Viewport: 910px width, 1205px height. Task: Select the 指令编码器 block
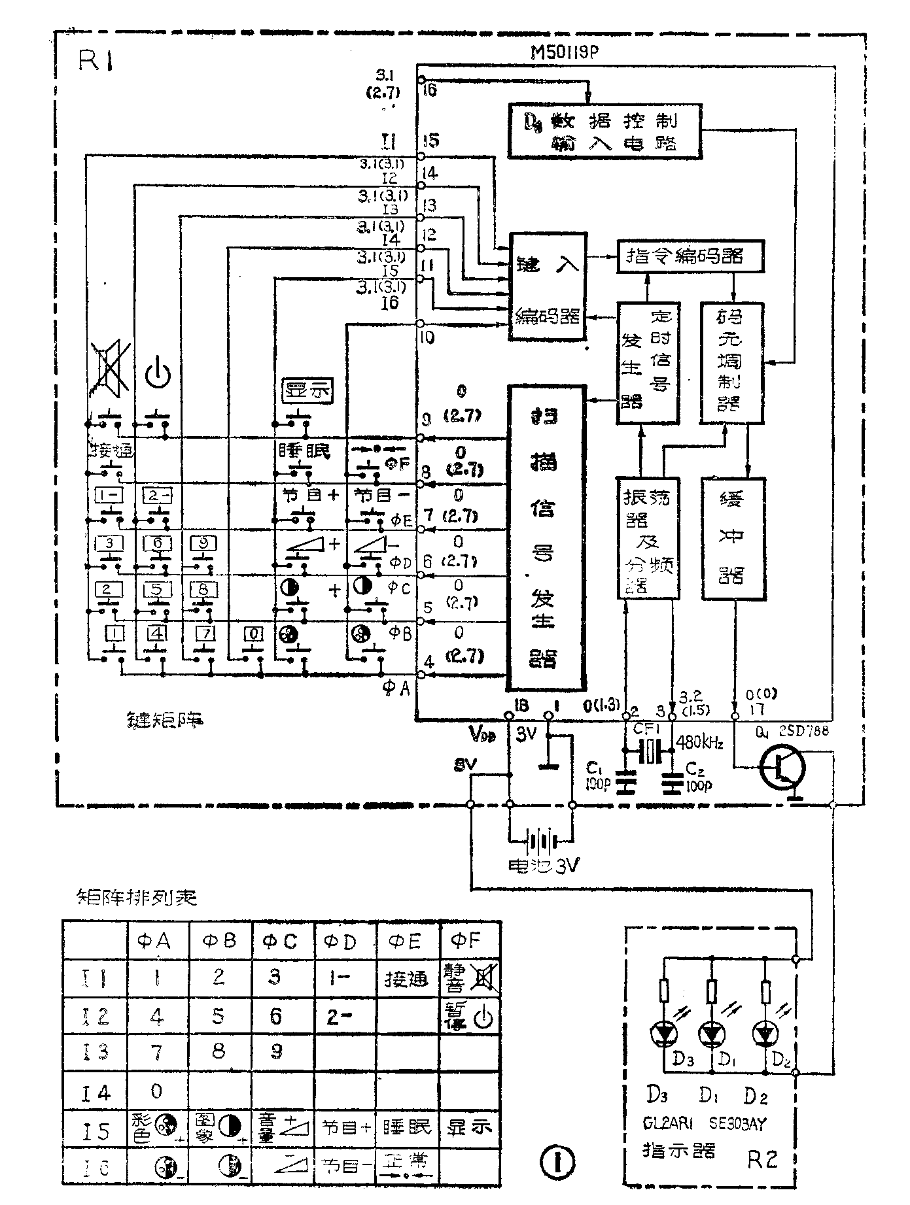[x=691, y=256]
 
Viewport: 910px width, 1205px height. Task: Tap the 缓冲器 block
[x=732, y=538]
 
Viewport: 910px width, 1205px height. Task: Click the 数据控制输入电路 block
[x=604, y=131]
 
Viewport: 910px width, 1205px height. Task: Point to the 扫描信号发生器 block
[x=546, y=537]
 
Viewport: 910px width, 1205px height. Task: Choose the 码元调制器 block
[x=731, y=361]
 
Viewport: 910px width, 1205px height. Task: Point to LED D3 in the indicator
[x=663, y=1034]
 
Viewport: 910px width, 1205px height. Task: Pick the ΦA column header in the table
[x=158, y=941]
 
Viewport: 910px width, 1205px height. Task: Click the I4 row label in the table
[x=96, y=1092]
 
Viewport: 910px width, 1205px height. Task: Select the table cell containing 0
[x=157, y=1091]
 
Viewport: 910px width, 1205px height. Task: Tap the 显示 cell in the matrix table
[x=470, y=1127]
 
